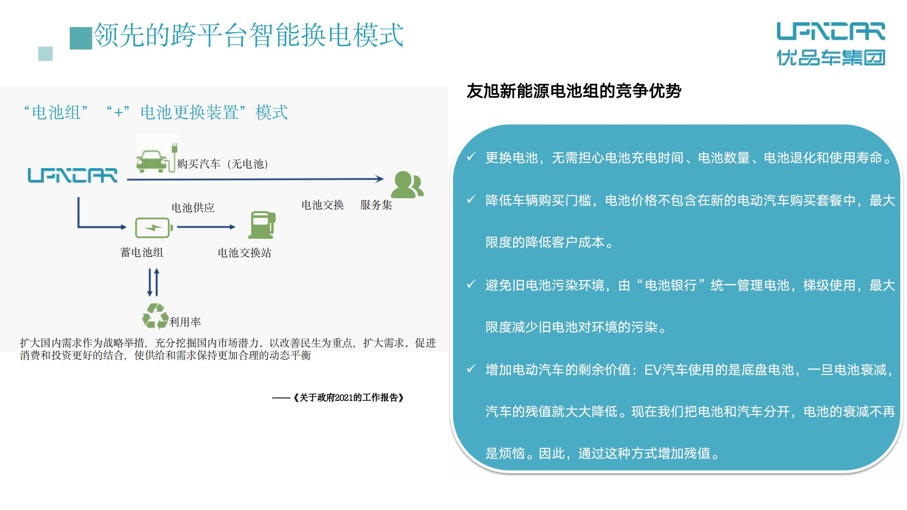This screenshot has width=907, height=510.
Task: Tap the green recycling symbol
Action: click(x=155, y=316)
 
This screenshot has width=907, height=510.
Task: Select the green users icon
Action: click(x=407, y=184)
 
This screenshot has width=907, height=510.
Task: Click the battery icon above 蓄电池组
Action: click(x=154, y=228)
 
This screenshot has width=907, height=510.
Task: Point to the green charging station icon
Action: click(x=262, y=225)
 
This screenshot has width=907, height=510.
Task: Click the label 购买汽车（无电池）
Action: click(x=223, y=164)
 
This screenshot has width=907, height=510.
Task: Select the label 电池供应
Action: click(x=193, y=208)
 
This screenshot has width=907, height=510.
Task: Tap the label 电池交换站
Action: click(x=244, y=253)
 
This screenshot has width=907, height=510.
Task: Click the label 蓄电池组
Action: click(x=142, y=252)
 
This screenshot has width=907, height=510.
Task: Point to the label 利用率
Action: click(x=185, y=322)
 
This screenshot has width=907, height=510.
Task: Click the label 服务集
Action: click(x=376, y=205)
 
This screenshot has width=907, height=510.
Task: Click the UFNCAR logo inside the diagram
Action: click(x=73, y=175)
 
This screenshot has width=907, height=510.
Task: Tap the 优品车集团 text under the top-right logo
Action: click(x=831, y=57)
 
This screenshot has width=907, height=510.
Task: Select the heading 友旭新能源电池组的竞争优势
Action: click(x=574, y=91)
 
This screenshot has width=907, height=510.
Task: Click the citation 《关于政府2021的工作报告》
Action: click(x=348, y=398)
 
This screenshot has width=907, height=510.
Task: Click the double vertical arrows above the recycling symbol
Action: click(x=153, y=282)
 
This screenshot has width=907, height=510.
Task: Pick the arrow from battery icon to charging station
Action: click(x=206, y=227)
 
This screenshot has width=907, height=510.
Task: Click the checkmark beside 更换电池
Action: click(x=471, y=157)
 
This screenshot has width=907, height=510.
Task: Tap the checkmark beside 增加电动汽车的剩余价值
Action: click(x=471, y=369)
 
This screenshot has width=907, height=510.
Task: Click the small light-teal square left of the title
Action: click(x=45, y=54)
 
